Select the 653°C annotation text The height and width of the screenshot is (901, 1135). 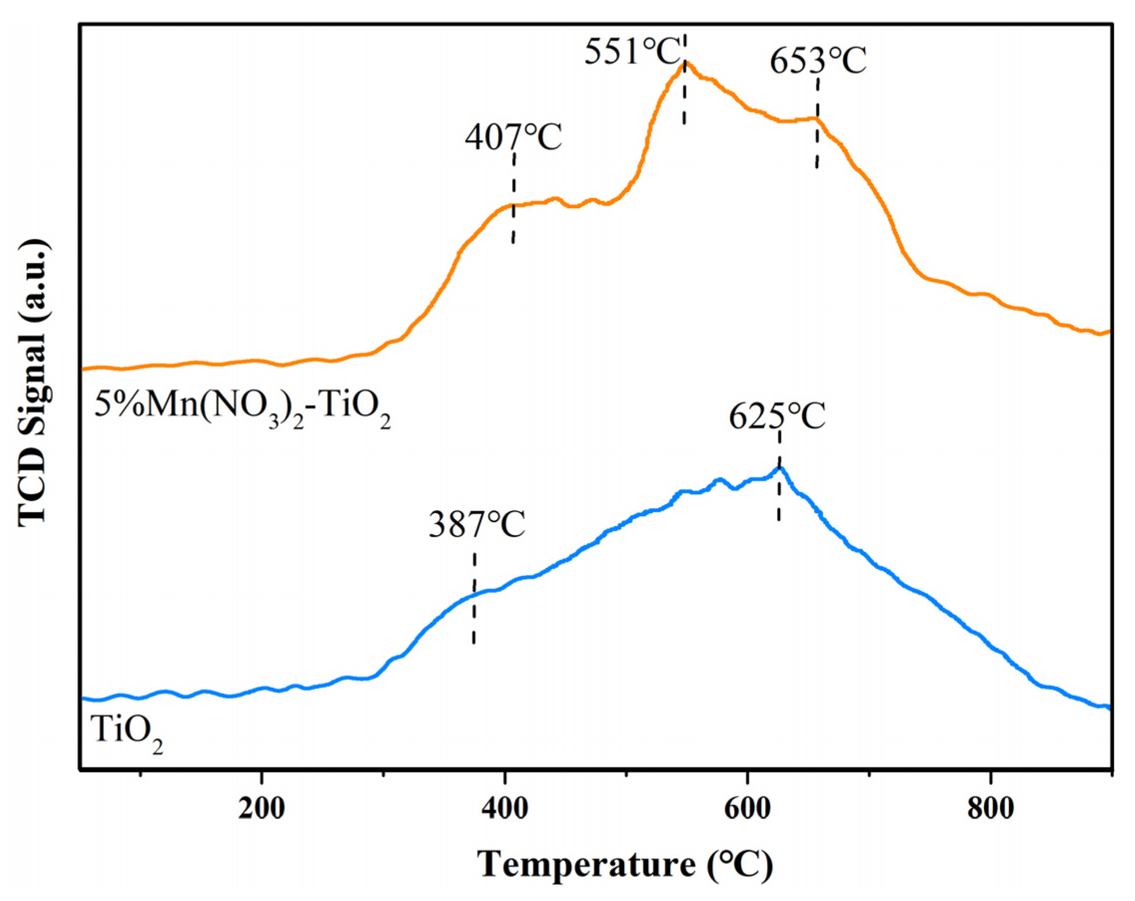[x=818, y=62]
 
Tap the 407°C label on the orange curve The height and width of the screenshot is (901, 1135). [x=513, y=138]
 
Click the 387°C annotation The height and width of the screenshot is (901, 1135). [x=477, y=525]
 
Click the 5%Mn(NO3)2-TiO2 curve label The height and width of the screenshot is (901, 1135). [x=242, y=408]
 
